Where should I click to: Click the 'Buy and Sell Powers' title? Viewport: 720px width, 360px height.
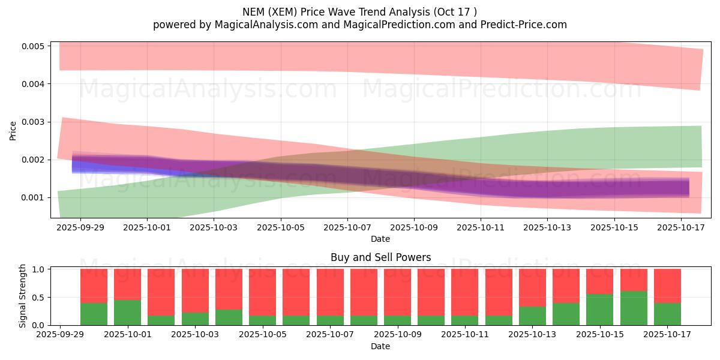point(380,257)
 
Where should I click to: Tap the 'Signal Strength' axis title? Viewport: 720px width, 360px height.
point(23,296)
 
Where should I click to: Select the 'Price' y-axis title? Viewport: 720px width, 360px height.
point(13,131)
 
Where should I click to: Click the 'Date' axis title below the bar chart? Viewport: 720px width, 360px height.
point(380,346)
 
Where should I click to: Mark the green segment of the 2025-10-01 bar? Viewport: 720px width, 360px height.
point(127,312)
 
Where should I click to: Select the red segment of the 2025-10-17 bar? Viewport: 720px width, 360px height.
point(667,286)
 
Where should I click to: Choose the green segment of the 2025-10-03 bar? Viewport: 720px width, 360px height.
point(195,319)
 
